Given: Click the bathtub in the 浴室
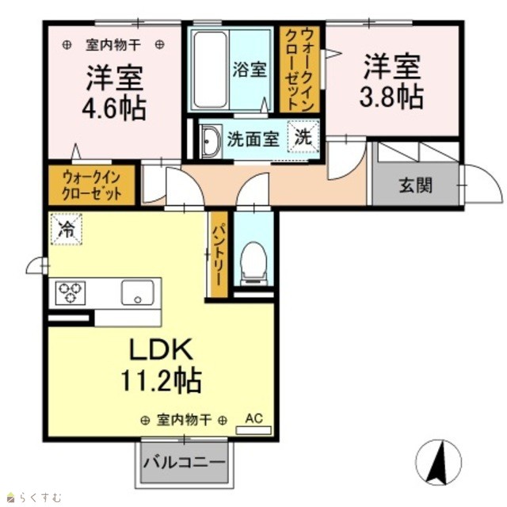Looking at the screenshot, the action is [210, 69].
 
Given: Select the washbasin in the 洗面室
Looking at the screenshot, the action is [211, 141].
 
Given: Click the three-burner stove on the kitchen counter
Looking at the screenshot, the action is [71, 293].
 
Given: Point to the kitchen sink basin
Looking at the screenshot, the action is [137, 292].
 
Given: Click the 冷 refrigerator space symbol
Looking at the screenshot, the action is [67, 229].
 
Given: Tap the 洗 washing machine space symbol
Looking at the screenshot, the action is [303, 136].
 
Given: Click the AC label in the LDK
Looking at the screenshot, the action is [253, 418].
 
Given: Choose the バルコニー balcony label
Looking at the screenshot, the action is [184, 463].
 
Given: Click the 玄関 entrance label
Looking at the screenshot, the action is [416, 185].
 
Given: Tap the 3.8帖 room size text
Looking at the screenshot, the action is [392, 97].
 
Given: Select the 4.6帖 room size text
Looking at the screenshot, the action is [114, 109].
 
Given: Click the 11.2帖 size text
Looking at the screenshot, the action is [161, 380].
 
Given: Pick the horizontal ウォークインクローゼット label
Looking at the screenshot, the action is [92, 185].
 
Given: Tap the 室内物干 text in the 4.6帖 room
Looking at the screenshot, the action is [113, 45].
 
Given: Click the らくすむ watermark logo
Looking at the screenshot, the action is [34, 497].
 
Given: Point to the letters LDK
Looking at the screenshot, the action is [161, 349].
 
